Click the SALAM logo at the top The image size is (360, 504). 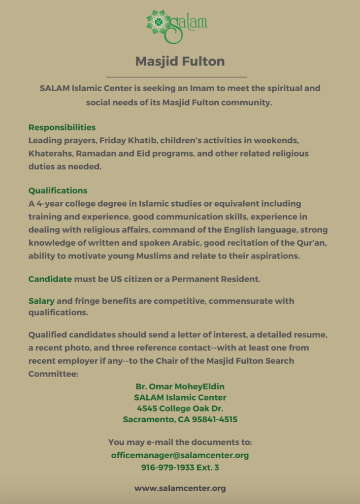click(x=177, y=25)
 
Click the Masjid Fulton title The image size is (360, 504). click(x=180, y=62)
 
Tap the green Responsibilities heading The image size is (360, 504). click(x=62, y=127)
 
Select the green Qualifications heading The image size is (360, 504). click(x=58, y=190)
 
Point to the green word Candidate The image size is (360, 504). click(x=50, y=279)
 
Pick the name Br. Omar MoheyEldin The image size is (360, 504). click(x=180, y=386)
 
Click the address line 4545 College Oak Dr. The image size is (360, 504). click(x=180, y=409)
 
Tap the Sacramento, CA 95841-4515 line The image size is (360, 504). click(x=180, y=420)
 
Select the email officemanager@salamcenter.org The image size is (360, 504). click(x=180, y=455)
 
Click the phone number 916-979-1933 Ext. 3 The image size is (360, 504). click(x=180, y=467)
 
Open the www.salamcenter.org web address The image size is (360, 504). click(x=180, y=488)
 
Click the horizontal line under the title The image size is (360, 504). click(x=176, y=77)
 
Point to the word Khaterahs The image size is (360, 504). click(x=49, y=153)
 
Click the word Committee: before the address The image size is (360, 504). click(x=53, y=374)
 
